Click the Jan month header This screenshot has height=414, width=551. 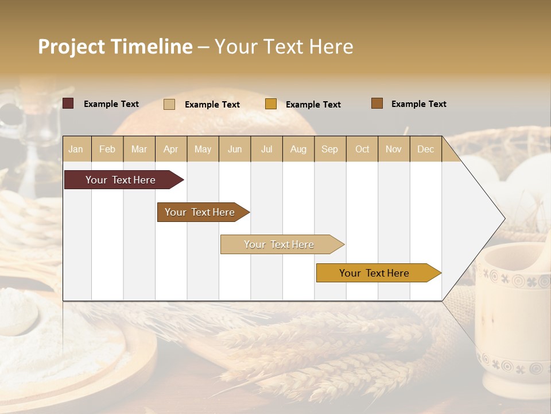click(76, 149)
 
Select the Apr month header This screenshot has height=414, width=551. click(171, 149)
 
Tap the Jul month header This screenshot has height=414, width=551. click(266, 149)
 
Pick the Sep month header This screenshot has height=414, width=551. click(329, 149)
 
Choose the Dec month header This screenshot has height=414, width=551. click(425, 149)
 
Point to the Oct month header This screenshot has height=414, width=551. click(362, 149)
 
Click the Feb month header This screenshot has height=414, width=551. click(107, 149)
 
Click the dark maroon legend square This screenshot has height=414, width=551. click(68, 103)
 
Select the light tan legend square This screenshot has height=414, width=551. click(169, 104)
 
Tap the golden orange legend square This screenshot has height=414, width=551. click(271, 104)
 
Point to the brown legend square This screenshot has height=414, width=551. click(377, 103)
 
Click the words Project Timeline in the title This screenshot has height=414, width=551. click(115, 47)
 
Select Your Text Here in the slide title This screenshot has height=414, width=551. click(284, 47)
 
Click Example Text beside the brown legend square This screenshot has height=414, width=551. click(418, 104)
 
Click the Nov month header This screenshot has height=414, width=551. click(394, 149)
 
